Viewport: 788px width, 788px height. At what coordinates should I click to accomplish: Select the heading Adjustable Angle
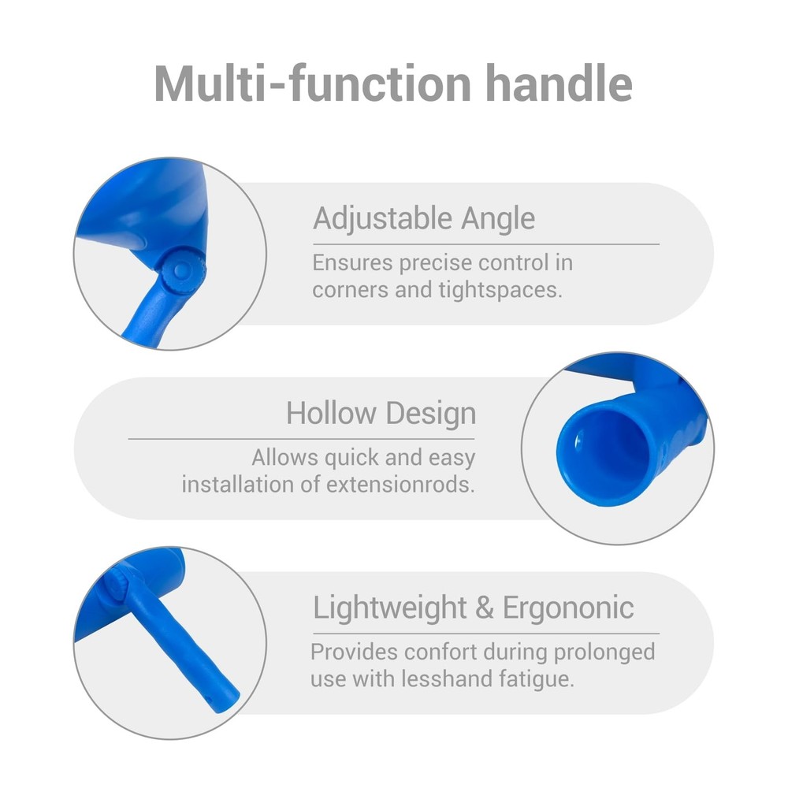tap(424, 218)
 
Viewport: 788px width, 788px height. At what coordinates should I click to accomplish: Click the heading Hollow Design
tap(381, 413)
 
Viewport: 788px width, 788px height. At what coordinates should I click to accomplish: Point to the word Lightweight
tap(389, 608)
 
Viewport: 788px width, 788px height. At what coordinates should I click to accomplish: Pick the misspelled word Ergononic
tap(568, 608)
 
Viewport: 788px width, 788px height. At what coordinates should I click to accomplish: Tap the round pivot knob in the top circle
tap(183, 271)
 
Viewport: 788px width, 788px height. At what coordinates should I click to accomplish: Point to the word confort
tap(440, 652)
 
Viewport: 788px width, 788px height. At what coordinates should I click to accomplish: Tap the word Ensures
tap(352, 263)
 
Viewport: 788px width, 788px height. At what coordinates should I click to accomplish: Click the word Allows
tap(285, 457)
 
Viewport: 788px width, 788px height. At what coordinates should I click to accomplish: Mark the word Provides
tap(355, 652)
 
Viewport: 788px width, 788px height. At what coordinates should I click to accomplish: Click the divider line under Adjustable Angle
tap(486, 244)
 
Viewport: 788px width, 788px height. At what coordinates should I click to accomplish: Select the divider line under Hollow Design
tap(302, 439)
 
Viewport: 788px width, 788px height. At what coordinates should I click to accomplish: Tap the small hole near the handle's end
tap(210, 697)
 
